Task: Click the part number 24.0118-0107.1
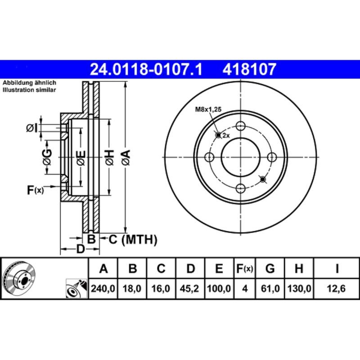[147, 69]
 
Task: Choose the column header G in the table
[270, 269]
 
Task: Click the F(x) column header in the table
[245, 269]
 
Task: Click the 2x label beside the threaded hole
[226, 135]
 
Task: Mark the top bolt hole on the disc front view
[241, 126]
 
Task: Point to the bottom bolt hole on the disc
[241, 188]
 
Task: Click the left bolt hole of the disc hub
[209, 157]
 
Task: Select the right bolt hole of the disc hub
[272, 157]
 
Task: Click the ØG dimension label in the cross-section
[46, 157]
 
